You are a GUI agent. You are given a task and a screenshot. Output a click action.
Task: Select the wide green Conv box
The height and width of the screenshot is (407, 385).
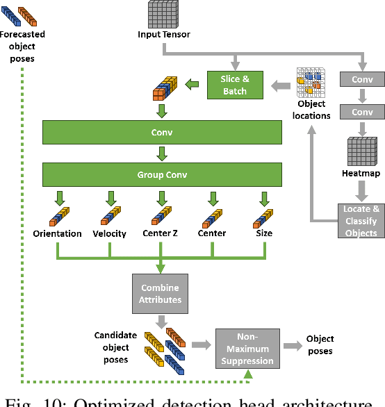point(162,132)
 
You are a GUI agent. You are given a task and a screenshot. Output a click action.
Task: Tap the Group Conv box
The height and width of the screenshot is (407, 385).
point(162,174)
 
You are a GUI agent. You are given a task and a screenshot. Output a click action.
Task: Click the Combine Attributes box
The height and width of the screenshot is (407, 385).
point(161,293)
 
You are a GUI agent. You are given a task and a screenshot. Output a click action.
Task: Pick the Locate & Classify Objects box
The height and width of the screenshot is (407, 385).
point(361,220)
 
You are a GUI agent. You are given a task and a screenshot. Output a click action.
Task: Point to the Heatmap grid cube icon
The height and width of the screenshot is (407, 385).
point(361,150)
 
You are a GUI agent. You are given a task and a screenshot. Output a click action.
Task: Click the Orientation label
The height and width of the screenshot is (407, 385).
point(57,233)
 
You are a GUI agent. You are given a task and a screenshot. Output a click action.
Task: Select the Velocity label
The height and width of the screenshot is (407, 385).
point(110,233)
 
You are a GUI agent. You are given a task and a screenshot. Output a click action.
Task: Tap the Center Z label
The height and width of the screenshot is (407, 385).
point(161,233)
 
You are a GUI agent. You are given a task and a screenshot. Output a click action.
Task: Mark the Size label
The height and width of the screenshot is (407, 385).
point(263,233)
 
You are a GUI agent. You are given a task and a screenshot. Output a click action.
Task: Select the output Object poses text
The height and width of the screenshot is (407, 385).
point(320,345)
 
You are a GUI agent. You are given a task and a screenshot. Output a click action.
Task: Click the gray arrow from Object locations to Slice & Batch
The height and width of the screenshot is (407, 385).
point(281,85)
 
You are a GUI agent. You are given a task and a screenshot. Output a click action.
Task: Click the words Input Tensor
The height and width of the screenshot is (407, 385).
point(163,34)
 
